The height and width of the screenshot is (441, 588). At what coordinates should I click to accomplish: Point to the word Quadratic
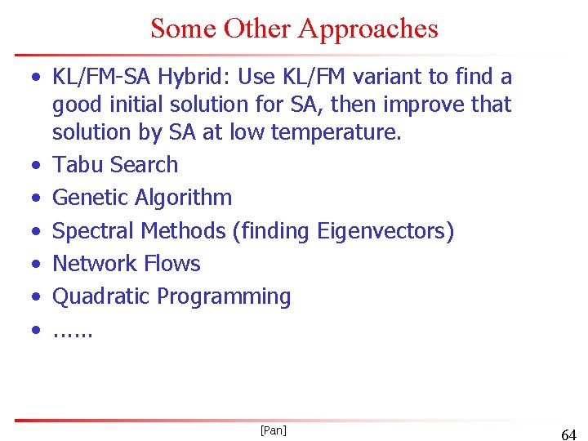click(x=101, y=296)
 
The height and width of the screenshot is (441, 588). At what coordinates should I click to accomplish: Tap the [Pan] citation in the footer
click(x=273, y=430)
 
